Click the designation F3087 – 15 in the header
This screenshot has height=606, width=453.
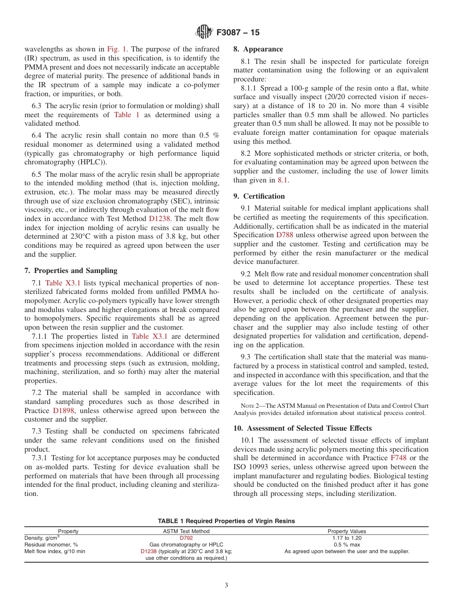pyautogui.click(x=238, y=33)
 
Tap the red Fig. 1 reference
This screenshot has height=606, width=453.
pyautogui.click(x=116, y=49)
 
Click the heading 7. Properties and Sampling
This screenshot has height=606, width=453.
pyautogui.click(x=71, y=271)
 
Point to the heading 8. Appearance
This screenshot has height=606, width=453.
pyautogui.click(x=258, y=49)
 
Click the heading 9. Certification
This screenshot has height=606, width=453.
pyautogui.click(x=259, y=196)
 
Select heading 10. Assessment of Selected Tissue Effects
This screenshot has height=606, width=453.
pyautogui.click(x=302, y=428)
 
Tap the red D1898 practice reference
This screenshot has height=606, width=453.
pyautogui.click(x=63, y=411)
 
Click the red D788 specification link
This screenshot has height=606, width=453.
pyautogui.click(x=285, y=235)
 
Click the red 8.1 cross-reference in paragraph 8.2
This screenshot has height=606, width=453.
pyautogui.click(x=283, y=180)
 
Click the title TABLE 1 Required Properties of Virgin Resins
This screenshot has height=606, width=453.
pyautogui.click(x=226, y=521)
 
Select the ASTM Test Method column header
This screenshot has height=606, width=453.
pyautogui.click(x=186, y=531)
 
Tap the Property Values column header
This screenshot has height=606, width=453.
pyautogui.click(x=347, y=531)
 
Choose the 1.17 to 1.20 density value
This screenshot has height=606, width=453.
pyautogui.click(x=347, y=538)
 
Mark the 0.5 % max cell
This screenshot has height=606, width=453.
pyautogui.click(x=347, y=545)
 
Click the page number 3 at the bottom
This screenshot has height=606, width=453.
pyautogui.click(x=226, y=586)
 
